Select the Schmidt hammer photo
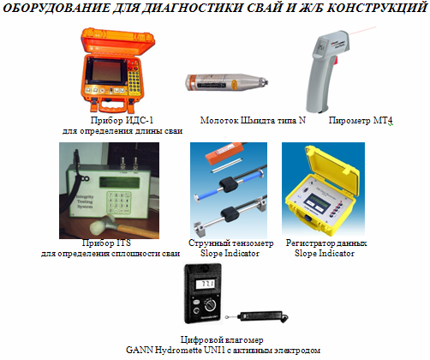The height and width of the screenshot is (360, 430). pyautogui.click(x=227, y=82)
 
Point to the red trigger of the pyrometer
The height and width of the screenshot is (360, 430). pyautogui.click(x=336, y=60)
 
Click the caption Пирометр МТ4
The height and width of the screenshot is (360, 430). pyautogui.click(x=361, y=120)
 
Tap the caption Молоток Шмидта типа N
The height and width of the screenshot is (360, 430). pyautogui.click(x=253, y=120)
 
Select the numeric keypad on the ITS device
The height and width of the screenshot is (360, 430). pyautogui.click(x=118, y=203)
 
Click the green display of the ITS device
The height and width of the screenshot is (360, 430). pyautogui.click(x=119, y=182)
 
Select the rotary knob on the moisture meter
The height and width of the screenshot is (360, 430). pyautogui.click(x=210, y=306)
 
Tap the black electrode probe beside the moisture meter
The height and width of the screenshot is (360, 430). pyautogui.click(x=257, y=316)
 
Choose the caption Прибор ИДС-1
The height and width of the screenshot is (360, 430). pyautogui.click(x=122, y=120)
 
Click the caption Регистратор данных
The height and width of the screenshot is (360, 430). pyautogui.click(x=326, y=243)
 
